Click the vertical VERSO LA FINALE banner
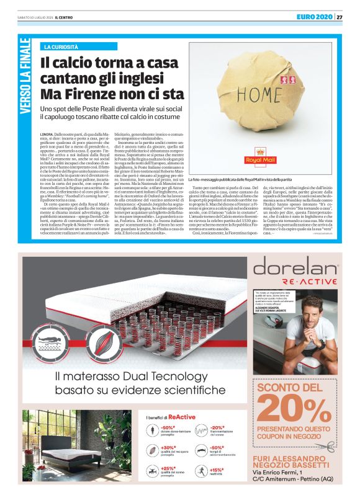25,77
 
